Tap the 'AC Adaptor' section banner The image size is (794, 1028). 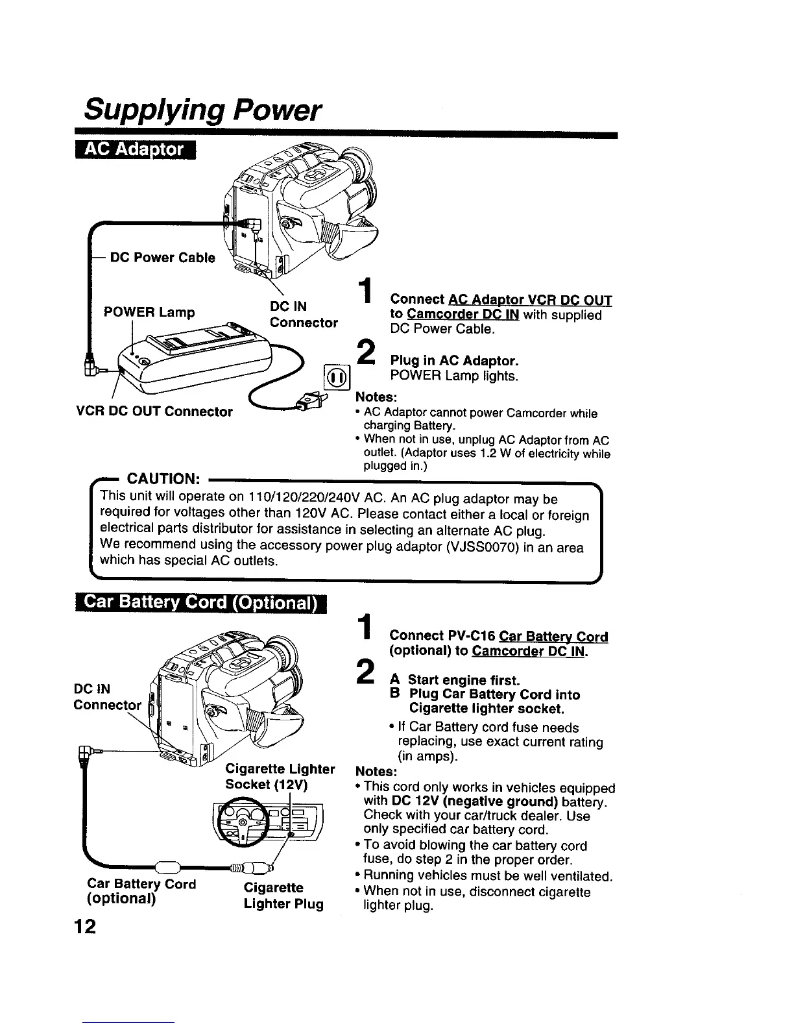(x=136, y=151)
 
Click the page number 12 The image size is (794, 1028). (x=84, y=926)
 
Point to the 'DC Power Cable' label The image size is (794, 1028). (x=163, y=258)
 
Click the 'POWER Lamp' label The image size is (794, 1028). (x=149, y=312)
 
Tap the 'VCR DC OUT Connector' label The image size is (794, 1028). (x=154, y=411)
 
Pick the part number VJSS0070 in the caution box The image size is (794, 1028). (x=479, y=547)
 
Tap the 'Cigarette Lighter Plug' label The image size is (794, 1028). (x=283, y=896)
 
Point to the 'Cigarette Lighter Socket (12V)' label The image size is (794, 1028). (x=280, y=777)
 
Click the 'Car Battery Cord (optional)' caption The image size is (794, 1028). (x=141, y=892)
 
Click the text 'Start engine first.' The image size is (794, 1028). (x=463, y=680)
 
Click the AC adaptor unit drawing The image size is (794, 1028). (x=195, y=363)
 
